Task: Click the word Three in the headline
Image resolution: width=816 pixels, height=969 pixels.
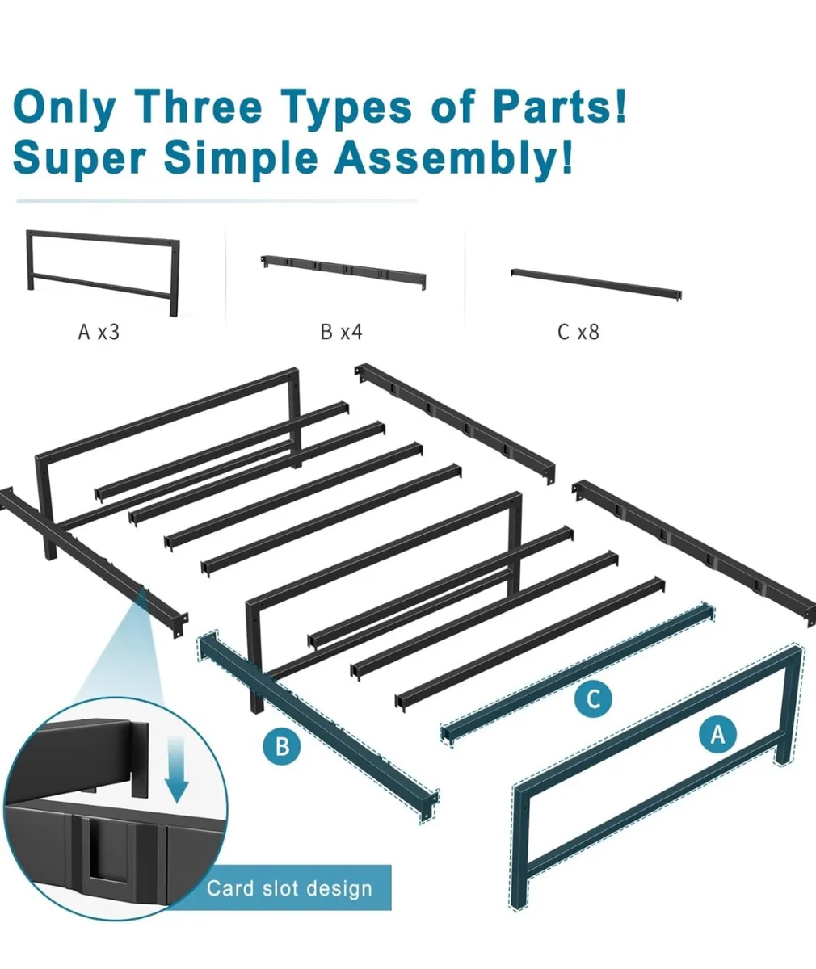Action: (x=200, y=107)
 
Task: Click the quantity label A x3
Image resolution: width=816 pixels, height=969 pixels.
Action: (x=99, y=332)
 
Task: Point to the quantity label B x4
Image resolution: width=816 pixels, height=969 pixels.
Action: (x=342, y=332)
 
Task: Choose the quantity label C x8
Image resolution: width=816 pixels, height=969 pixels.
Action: (x=578, y=332)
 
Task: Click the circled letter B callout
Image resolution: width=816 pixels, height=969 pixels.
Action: (x=282, y=747)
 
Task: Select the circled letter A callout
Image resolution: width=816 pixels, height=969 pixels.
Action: (x=717, y=735)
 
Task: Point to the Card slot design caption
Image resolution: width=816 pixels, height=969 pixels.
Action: (x=289, y=888)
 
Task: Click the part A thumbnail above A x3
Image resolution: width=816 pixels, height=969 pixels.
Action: (x=103, y=273)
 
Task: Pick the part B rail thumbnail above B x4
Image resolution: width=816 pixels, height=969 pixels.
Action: (x=343, y=272)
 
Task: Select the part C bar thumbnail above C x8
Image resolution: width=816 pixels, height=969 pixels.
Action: (x=596, y=284)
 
